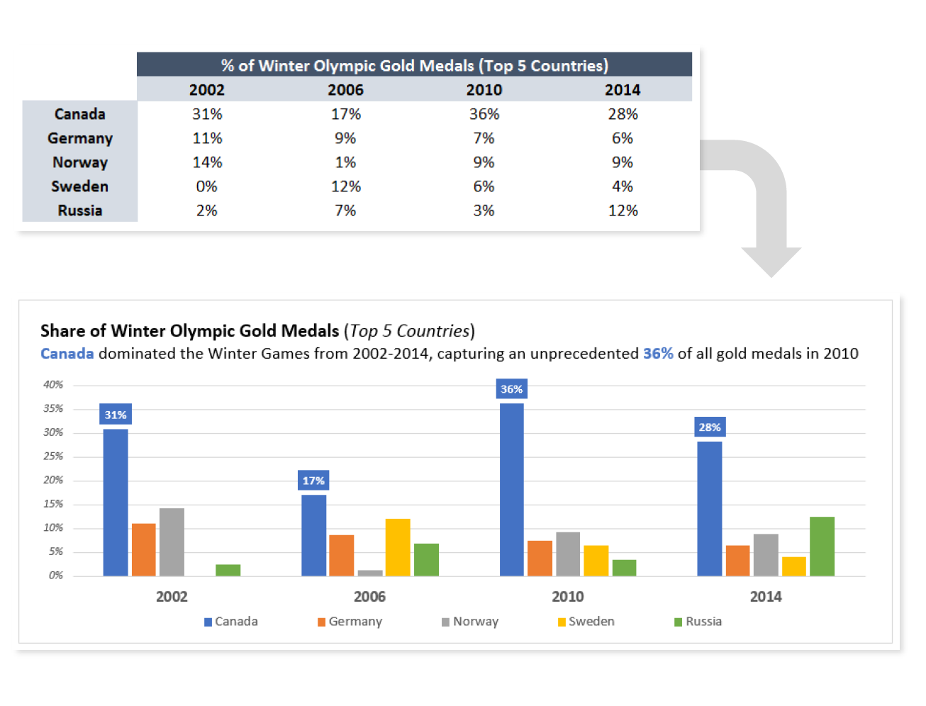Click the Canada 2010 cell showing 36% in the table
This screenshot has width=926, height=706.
pos(484,114)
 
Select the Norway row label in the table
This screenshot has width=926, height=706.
pos(80,162)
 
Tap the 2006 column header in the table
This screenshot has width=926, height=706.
pos(345,90)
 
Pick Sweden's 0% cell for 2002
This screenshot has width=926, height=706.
pos(207,186)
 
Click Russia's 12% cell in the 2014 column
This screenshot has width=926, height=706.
pos(623,211)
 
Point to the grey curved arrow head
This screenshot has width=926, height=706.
pos(771,261)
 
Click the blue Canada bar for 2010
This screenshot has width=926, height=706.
pos(512,489)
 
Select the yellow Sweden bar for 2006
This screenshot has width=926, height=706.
pos(398,547)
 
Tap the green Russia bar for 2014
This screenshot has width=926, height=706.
pos(822,546)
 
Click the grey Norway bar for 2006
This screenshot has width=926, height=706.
pos(370,573)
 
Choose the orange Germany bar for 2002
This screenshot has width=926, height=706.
pos(144,549)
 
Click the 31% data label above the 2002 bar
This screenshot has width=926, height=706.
pos(116,415)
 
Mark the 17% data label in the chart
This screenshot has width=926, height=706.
pos(313,481)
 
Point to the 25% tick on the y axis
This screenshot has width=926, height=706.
pos(53,456)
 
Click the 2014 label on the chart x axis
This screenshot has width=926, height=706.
pos(766,597)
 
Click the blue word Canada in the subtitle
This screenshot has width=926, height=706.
pos(67,354)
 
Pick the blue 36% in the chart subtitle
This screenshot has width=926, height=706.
pos(658,354)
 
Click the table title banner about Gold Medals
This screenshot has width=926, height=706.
pos(414,65)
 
